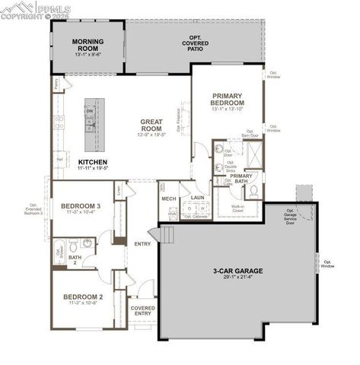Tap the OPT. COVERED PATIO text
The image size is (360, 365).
tap(196, 45)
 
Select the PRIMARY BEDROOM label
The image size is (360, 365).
tap(228, 98)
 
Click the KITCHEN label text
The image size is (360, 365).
tap(92, 162)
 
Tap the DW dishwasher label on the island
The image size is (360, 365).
tap(90, 112)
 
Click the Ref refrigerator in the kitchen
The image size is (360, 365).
tap(59, 159)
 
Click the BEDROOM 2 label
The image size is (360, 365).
tap(83, 297)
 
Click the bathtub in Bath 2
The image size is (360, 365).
tap(58, 251)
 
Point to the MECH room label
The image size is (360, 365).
tap(169, 198)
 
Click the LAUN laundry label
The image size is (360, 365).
tap(197, 198)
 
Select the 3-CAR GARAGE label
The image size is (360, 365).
tap(238, 271)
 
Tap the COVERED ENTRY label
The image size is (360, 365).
tap(142, 311)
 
